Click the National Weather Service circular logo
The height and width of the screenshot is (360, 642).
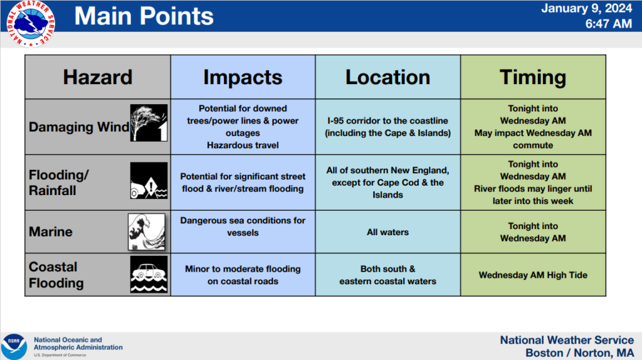pyautogui.click(x=31, y=24)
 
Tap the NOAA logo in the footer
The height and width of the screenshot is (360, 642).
pyautogui.click(x=14, y=346)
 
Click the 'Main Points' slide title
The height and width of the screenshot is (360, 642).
pyautogui.click(x=144, y=16)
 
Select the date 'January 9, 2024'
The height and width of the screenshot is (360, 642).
pyautogui.click(x=586, y=9)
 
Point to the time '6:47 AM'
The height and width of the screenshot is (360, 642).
pyautogui.click(x=608, y=24)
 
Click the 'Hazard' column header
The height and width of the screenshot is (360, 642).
pyautogui.click(x=98, y=77)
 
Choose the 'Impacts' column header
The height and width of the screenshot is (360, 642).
pyautogui.click(x=243, y=77)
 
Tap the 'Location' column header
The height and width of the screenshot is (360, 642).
pyautogui.click(x=387, y=77)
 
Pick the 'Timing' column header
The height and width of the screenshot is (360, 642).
pyautogui.click(x=533, y=77)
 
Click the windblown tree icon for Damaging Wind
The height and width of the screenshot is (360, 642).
pyautogui.click(x=149, y=123)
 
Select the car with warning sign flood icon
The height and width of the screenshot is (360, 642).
pyautogui.click(x=149, y=181)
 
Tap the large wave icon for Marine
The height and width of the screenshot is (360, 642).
pyautogui.click(x=147, y=232)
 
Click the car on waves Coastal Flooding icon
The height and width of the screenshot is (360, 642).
pyautogui.click(x=149, y=275)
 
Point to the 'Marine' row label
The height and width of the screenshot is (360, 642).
pyautogui.click(x=50, y=232)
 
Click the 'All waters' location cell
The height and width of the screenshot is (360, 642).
pyautogui.click(x=387, y=232)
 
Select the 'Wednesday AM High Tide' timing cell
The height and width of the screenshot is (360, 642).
pyautogui.click(x=533, y=275)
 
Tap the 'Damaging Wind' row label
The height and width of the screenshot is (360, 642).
pyautogui.click(x=79, y=127)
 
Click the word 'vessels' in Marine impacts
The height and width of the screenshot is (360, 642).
pyautogui.click(x=243, y=233)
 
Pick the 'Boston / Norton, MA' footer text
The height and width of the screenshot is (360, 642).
pyautogui.click(x=579, y=352)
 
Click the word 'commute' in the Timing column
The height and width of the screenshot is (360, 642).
pyautogui.click(x=533, y=146)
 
